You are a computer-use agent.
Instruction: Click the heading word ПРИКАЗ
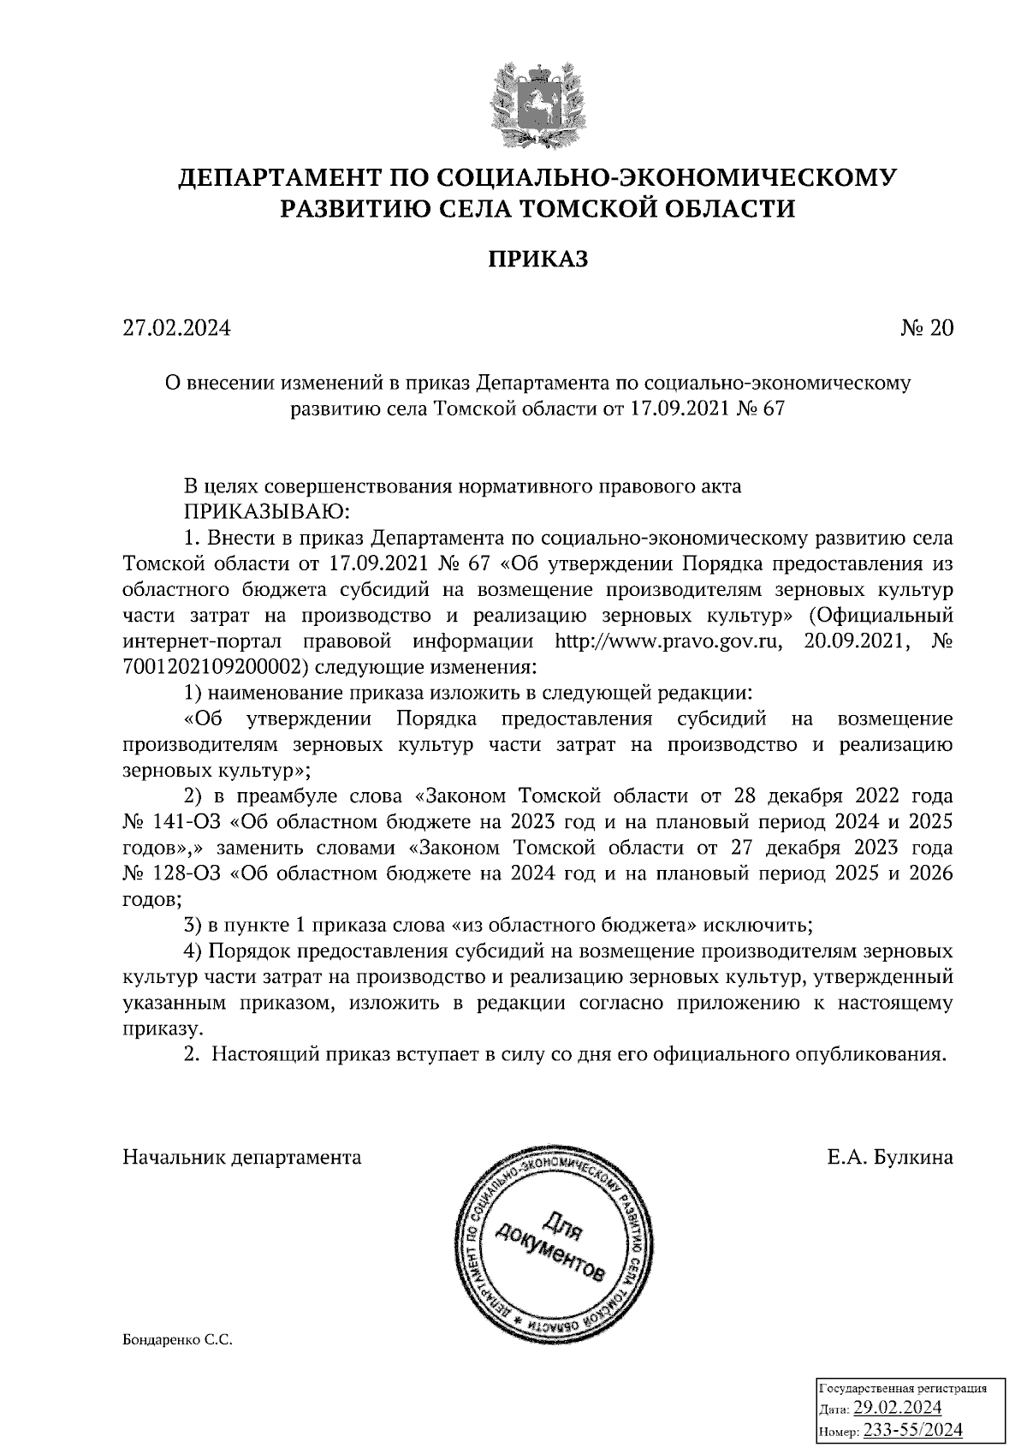[538, 259]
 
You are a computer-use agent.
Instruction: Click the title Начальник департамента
[242, 1158]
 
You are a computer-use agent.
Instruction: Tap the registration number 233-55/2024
[913, 1430]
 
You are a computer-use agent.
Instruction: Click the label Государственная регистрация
[903, 1388]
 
